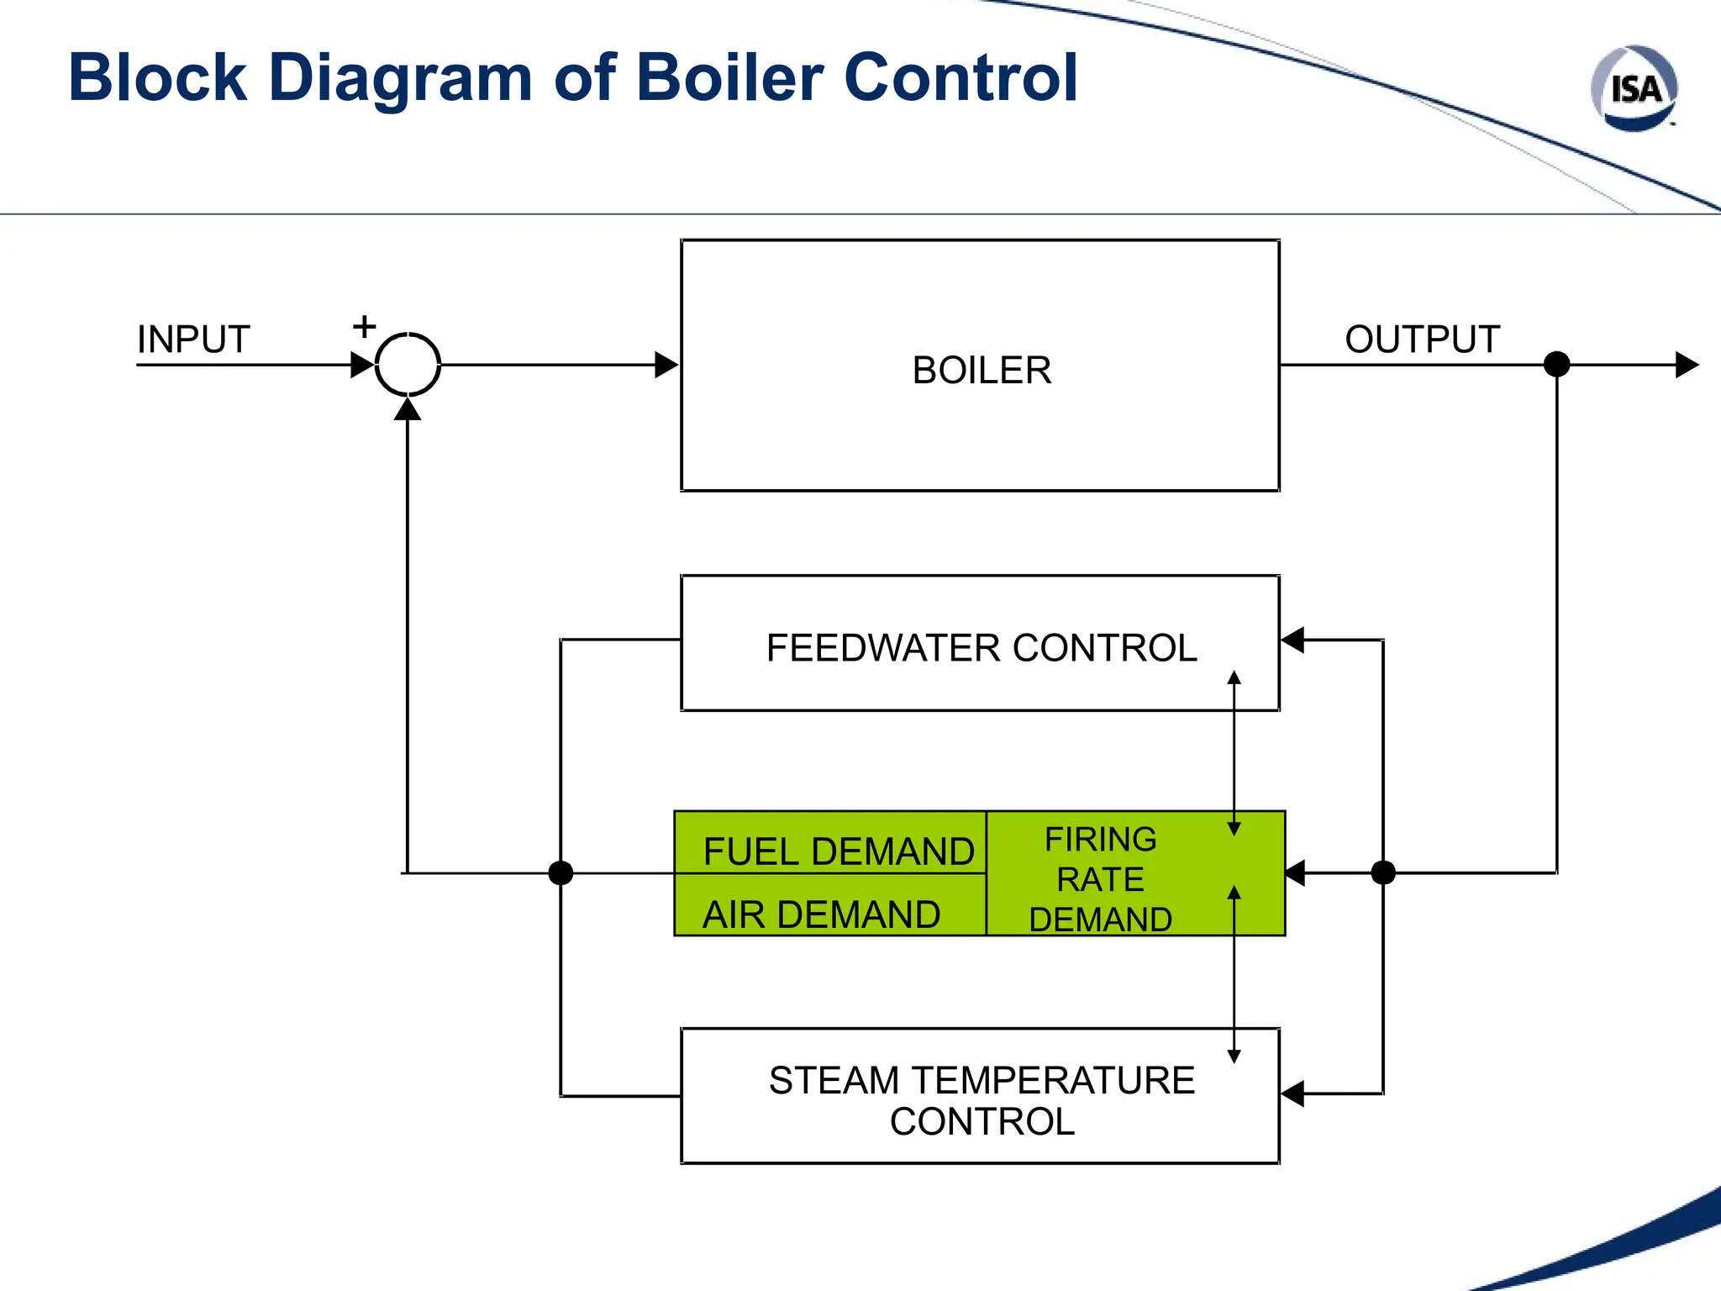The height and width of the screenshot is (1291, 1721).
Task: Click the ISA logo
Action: point(1634,89)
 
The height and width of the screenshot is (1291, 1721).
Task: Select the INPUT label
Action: point(193,340)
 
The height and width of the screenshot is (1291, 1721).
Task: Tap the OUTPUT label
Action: point(1422,340)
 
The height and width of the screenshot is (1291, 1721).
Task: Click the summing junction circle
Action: point(408,365)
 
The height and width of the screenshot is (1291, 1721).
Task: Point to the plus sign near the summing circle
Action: point(364,326)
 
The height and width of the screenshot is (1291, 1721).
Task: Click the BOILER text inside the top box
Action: point(982,371)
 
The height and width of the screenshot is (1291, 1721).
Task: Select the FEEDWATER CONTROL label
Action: point(982,648)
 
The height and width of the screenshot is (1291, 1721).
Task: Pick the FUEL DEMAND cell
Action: point(838,851)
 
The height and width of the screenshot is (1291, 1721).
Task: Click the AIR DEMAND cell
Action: point(821,914)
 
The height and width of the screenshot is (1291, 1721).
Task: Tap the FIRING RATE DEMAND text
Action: point(1100,879)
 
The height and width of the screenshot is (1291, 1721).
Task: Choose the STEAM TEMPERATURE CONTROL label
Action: point(982,1100)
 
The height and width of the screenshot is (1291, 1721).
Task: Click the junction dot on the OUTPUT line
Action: point(1556,365)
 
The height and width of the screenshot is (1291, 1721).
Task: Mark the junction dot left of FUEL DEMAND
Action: point(561,873)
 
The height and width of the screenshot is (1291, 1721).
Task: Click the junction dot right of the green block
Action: point(1383,873)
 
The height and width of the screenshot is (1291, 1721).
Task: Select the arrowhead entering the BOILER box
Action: point(667,365)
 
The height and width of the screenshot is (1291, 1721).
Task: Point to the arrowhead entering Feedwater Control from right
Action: point(1292,640)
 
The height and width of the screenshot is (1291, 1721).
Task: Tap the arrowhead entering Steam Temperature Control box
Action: point(1292,1093)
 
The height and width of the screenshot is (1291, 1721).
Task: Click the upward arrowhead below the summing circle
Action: point(408,409)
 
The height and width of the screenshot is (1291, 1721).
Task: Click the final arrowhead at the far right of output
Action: point(1687,365)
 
